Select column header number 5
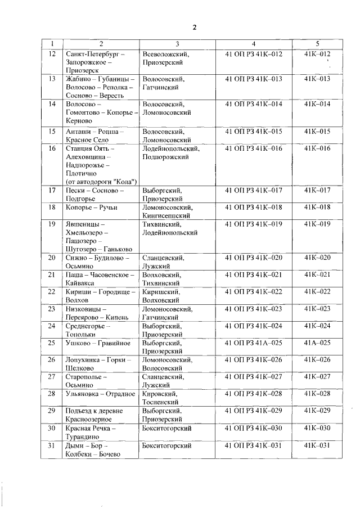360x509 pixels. [x=317, y=44]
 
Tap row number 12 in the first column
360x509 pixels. [x=52, y=54]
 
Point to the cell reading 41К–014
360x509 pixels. [x=317, y=105]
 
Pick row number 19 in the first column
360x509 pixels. [x=52, y=224]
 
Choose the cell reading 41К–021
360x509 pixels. [x=317, y=274]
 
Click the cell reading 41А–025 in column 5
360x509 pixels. [x=317, y=343]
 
